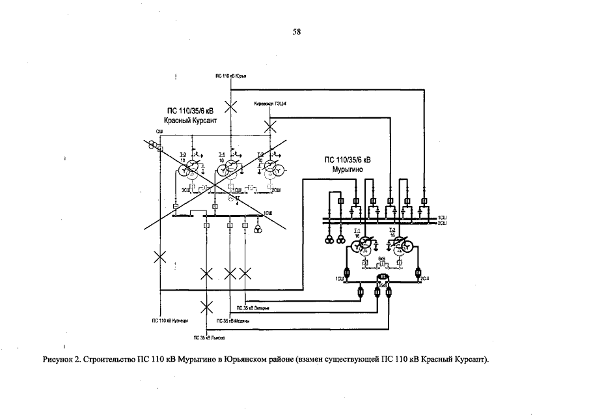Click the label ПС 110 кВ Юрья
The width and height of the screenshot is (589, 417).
[x=234, y=76]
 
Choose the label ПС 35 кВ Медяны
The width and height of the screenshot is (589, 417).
[x=232, y=321]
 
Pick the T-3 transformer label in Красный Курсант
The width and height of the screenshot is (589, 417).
[x=183, y=154]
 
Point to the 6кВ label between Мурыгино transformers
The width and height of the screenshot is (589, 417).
[x=382, y=259]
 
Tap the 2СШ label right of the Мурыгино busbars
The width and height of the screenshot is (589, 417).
[x=442, y=223]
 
